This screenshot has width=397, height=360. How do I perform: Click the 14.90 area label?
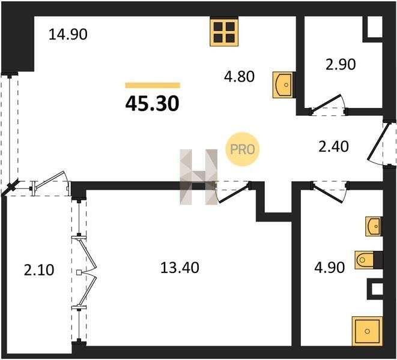68,34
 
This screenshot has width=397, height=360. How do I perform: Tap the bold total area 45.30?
153,104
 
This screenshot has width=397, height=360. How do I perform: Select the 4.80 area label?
239,76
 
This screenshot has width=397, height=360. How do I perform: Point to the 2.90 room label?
341,64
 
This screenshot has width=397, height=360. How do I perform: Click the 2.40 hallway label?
333,146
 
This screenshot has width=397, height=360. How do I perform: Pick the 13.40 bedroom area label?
180,268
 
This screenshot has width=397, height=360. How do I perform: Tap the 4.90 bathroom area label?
329,268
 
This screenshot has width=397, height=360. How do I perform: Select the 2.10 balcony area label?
39,269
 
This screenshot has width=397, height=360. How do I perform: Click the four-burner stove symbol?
224,32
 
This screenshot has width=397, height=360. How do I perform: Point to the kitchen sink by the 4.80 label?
282,85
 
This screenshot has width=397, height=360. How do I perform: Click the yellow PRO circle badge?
242,149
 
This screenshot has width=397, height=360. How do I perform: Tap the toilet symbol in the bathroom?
365,260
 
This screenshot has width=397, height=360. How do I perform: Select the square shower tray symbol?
367,331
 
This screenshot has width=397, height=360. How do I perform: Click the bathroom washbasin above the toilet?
374,226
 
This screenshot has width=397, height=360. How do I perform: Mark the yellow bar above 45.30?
153,85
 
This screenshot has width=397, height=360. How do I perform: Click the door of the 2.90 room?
327,104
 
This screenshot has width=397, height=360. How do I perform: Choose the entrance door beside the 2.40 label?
378,144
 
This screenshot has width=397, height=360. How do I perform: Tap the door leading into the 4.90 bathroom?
329,193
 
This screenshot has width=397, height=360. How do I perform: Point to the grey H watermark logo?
199,177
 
